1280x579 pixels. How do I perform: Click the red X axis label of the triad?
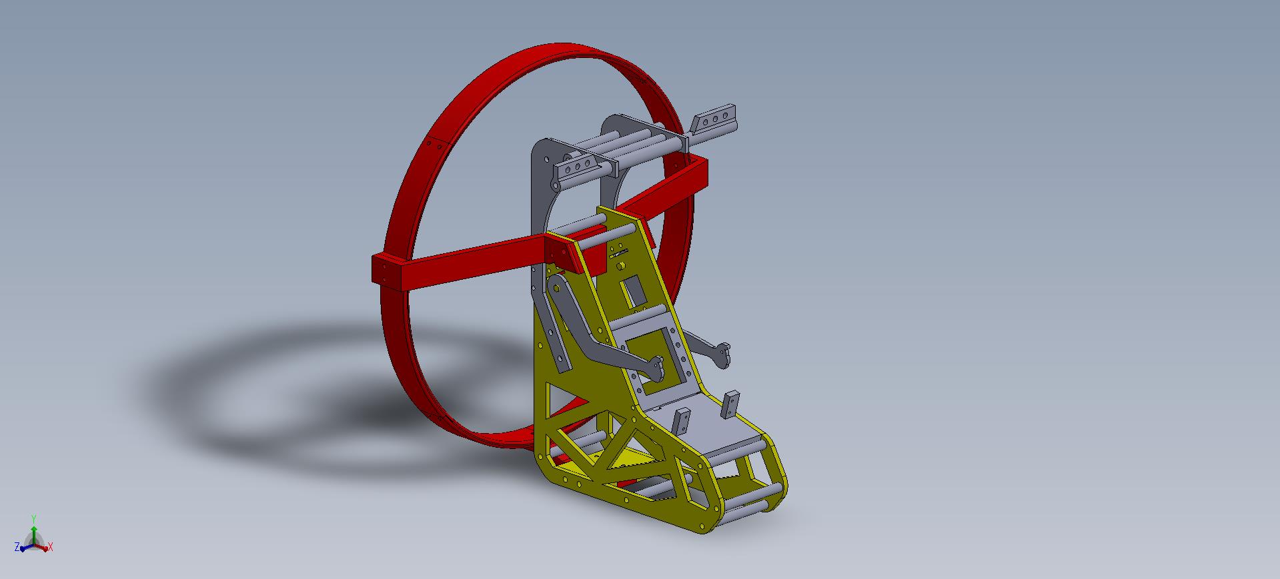point(51,548)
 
